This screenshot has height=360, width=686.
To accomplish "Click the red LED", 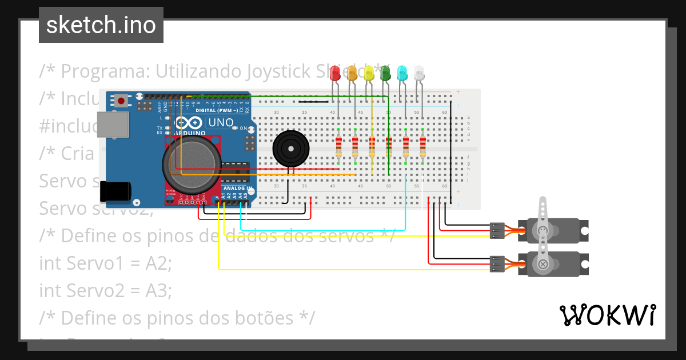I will click(336, 73).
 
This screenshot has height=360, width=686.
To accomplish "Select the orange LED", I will click(352, 73).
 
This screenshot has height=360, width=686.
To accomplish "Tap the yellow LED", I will click(369, 73).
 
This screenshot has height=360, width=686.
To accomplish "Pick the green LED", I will click(385, 73).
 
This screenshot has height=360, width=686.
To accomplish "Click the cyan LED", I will click(402, 73).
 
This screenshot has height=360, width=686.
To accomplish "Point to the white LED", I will click(419, 73).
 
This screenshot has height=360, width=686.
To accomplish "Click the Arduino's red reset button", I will click(121, 101).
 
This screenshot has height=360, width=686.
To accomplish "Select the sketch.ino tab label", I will click(101, 25).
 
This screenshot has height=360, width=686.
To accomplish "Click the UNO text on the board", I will click(220, 122).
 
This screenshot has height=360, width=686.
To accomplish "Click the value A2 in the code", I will click(158, 263).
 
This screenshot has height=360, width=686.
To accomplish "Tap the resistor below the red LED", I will click(338, 147).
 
